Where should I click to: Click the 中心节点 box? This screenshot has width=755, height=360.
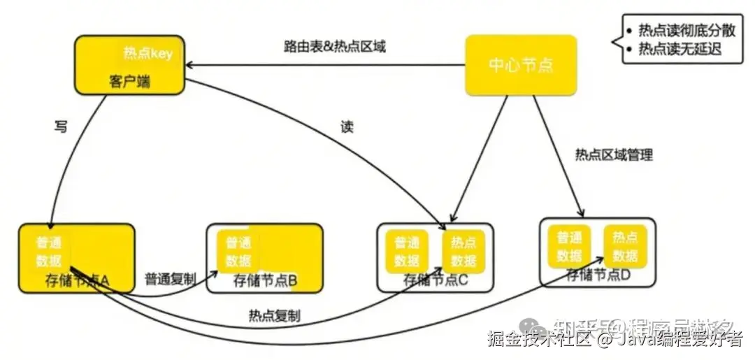point(521,66)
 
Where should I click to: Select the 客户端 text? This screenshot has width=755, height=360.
point(130,82)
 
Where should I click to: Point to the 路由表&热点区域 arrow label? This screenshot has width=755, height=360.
point(335,47)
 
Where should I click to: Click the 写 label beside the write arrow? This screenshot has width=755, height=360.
point(61,127)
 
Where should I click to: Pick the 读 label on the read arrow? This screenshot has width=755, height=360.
point(347,127)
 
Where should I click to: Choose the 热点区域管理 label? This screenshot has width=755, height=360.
point(614,154)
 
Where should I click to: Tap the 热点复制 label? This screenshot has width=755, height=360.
point(274,316)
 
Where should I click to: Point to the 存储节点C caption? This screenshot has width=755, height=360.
point(435,281)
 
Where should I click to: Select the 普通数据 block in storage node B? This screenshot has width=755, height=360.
point(238,252)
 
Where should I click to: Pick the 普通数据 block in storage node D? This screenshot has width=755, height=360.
point(570,245)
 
